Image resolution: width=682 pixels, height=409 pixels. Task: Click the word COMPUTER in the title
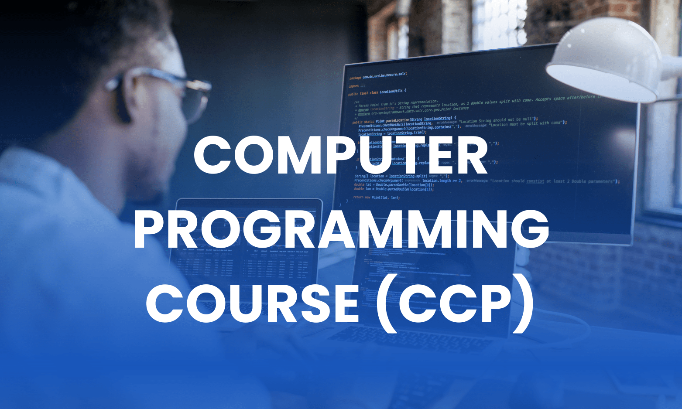[x=340, y=156]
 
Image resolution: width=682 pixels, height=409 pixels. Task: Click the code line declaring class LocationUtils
[x=377, y=92]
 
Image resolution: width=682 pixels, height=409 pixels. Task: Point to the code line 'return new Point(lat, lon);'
[x=376, y=198]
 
